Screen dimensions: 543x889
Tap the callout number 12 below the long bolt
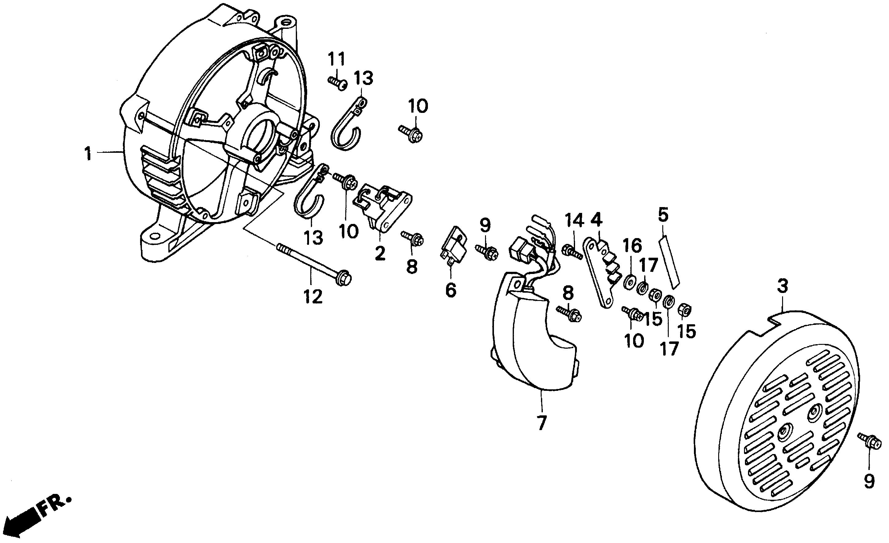312,297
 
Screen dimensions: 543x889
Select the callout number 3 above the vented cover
782,287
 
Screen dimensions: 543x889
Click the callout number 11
337,59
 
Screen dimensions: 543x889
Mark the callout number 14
574,221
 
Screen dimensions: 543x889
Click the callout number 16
632,246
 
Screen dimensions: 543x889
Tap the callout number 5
663,215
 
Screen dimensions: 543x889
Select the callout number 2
380,253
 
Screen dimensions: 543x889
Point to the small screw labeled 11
338,83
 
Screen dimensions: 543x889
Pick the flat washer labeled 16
630,281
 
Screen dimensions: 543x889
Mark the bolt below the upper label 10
411,133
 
